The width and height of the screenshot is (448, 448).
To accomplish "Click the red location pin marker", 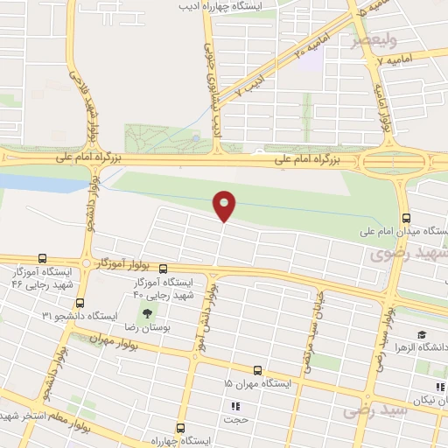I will [x=225, y=205].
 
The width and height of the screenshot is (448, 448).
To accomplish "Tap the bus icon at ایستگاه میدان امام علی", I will [x=405, y=219].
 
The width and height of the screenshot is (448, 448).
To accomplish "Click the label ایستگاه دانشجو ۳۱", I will [x=91, y=315].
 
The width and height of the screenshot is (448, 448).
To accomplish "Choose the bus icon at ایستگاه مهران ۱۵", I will [x=257, y=370].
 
